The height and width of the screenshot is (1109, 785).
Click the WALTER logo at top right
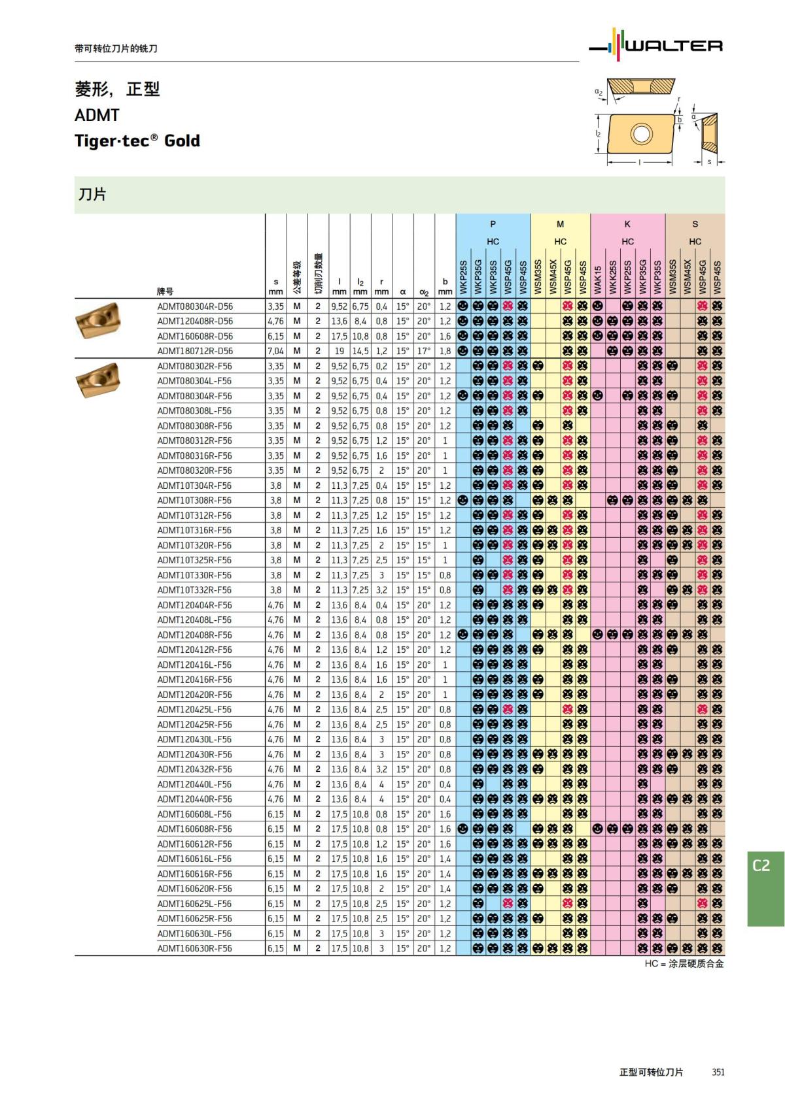656,44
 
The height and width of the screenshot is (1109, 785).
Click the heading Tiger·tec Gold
137,141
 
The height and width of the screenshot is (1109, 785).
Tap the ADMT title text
97,115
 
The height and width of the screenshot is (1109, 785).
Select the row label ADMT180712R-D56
195,351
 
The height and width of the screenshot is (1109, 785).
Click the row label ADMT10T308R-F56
195,501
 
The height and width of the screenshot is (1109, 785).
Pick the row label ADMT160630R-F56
195,948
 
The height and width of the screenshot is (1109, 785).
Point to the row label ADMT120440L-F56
195,784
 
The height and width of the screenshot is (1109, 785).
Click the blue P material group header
493,224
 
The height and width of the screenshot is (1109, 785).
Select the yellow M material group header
561,224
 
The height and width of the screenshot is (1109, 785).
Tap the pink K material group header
628,224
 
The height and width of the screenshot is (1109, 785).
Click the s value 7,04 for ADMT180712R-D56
275,351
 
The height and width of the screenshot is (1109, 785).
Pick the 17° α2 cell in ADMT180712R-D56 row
424,351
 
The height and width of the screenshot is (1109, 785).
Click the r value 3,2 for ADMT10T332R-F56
381,590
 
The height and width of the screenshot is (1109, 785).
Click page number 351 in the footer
718,1072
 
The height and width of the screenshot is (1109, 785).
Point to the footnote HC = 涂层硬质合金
684,963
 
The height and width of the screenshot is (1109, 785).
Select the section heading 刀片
92,194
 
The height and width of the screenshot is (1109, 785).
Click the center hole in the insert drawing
641,134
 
